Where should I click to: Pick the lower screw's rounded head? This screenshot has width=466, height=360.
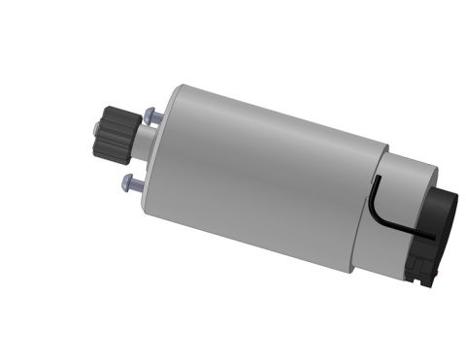click(x=128, y=180)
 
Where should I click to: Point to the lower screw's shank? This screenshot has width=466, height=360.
click(x=140, y=183)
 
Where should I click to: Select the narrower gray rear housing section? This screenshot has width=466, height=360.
click(x=403, y=209)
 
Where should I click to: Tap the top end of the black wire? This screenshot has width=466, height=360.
click(x=376, y=180)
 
